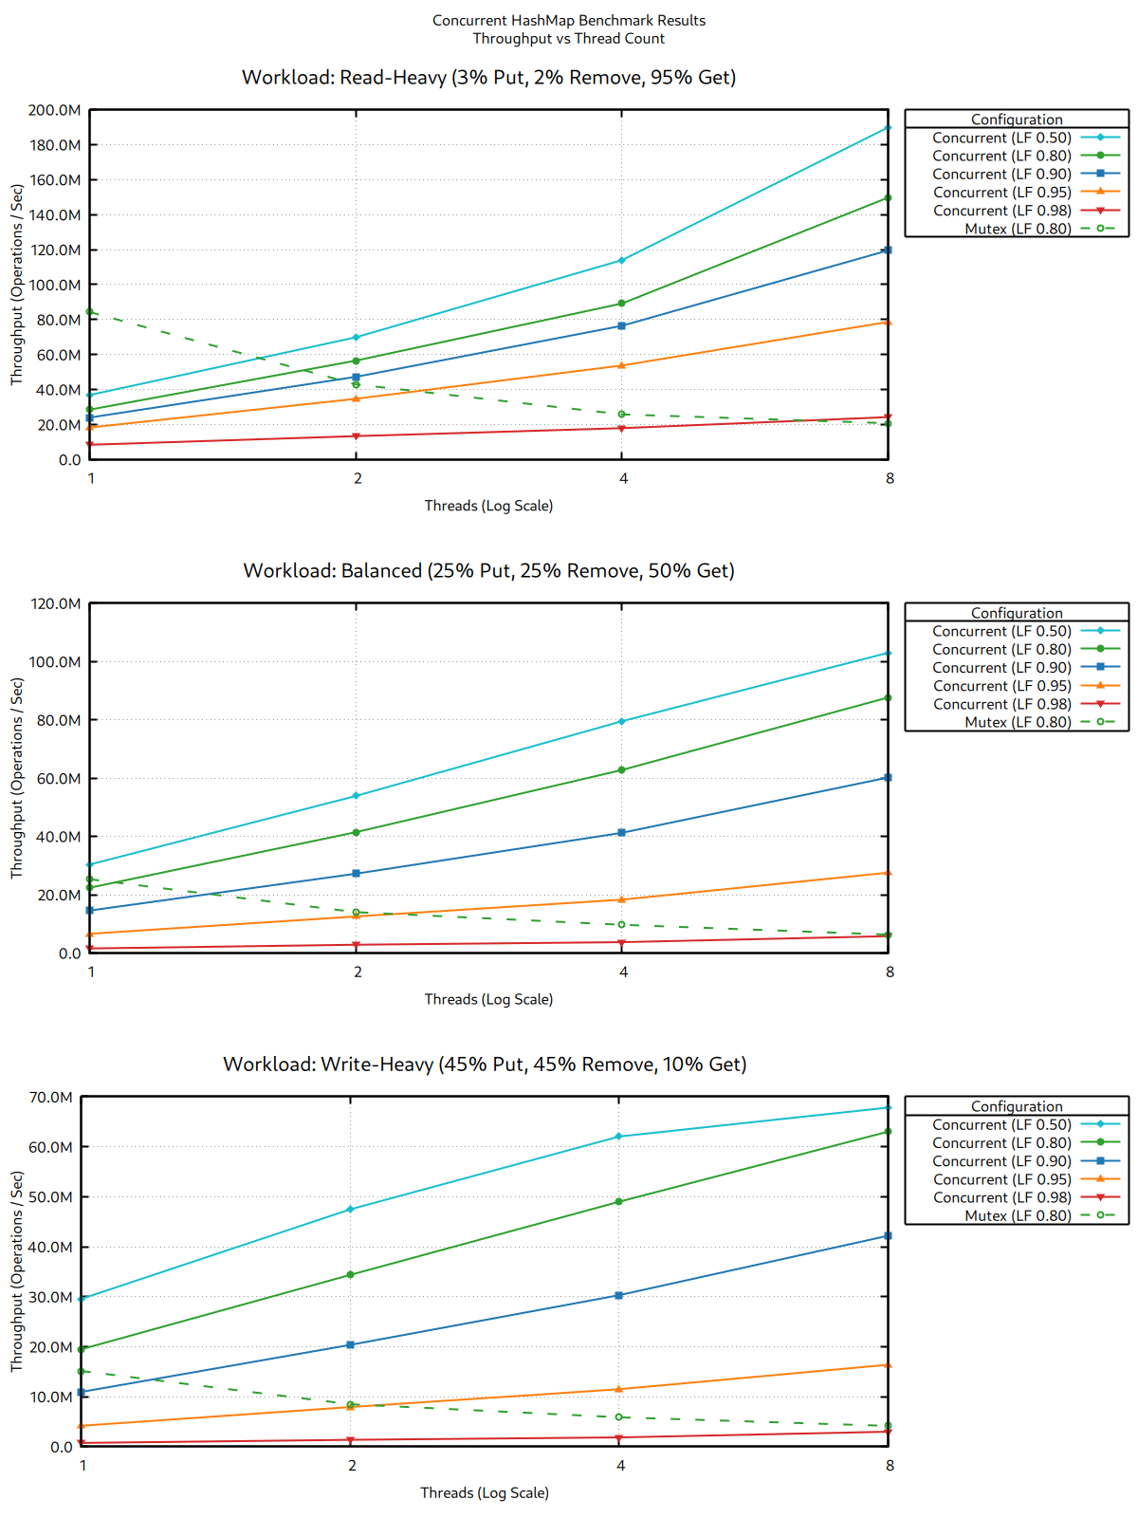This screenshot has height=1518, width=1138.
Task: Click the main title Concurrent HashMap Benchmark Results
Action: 568,20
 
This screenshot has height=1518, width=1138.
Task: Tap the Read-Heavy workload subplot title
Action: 488,77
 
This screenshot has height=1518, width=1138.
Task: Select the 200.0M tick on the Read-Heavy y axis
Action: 54,110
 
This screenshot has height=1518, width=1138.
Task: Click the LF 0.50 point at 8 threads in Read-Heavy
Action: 888,127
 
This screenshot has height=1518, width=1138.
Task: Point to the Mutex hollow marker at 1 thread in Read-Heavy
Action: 90,312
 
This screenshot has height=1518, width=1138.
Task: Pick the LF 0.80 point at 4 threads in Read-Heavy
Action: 621,304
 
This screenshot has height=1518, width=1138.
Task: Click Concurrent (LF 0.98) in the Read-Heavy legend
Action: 1001,211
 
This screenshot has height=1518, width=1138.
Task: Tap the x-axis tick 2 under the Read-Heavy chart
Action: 358,478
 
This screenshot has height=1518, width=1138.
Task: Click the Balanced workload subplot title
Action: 488,570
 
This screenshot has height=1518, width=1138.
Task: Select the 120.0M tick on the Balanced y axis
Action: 54,603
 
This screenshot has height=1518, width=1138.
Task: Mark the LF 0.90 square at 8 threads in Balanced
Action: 888,778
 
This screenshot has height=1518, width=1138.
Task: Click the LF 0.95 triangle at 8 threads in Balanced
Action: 888,873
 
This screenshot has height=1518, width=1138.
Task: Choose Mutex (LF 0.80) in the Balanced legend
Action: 1018,722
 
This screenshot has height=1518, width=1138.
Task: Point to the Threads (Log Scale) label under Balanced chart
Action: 488,999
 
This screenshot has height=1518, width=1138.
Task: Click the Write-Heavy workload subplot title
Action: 485,1064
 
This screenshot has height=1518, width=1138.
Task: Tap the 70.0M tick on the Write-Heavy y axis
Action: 50,1097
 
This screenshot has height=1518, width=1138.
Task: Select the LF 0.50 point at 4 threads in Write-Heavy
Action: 619,1136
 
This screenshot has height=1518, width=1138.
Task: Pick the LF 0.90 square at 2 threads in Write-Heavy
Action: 351,1344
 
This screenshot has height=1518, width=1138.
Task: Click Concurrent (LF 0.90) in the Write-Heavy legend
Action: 1001,1161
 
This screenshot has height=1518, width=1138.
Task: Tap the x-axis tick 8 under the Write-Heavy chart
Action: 890,1465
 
